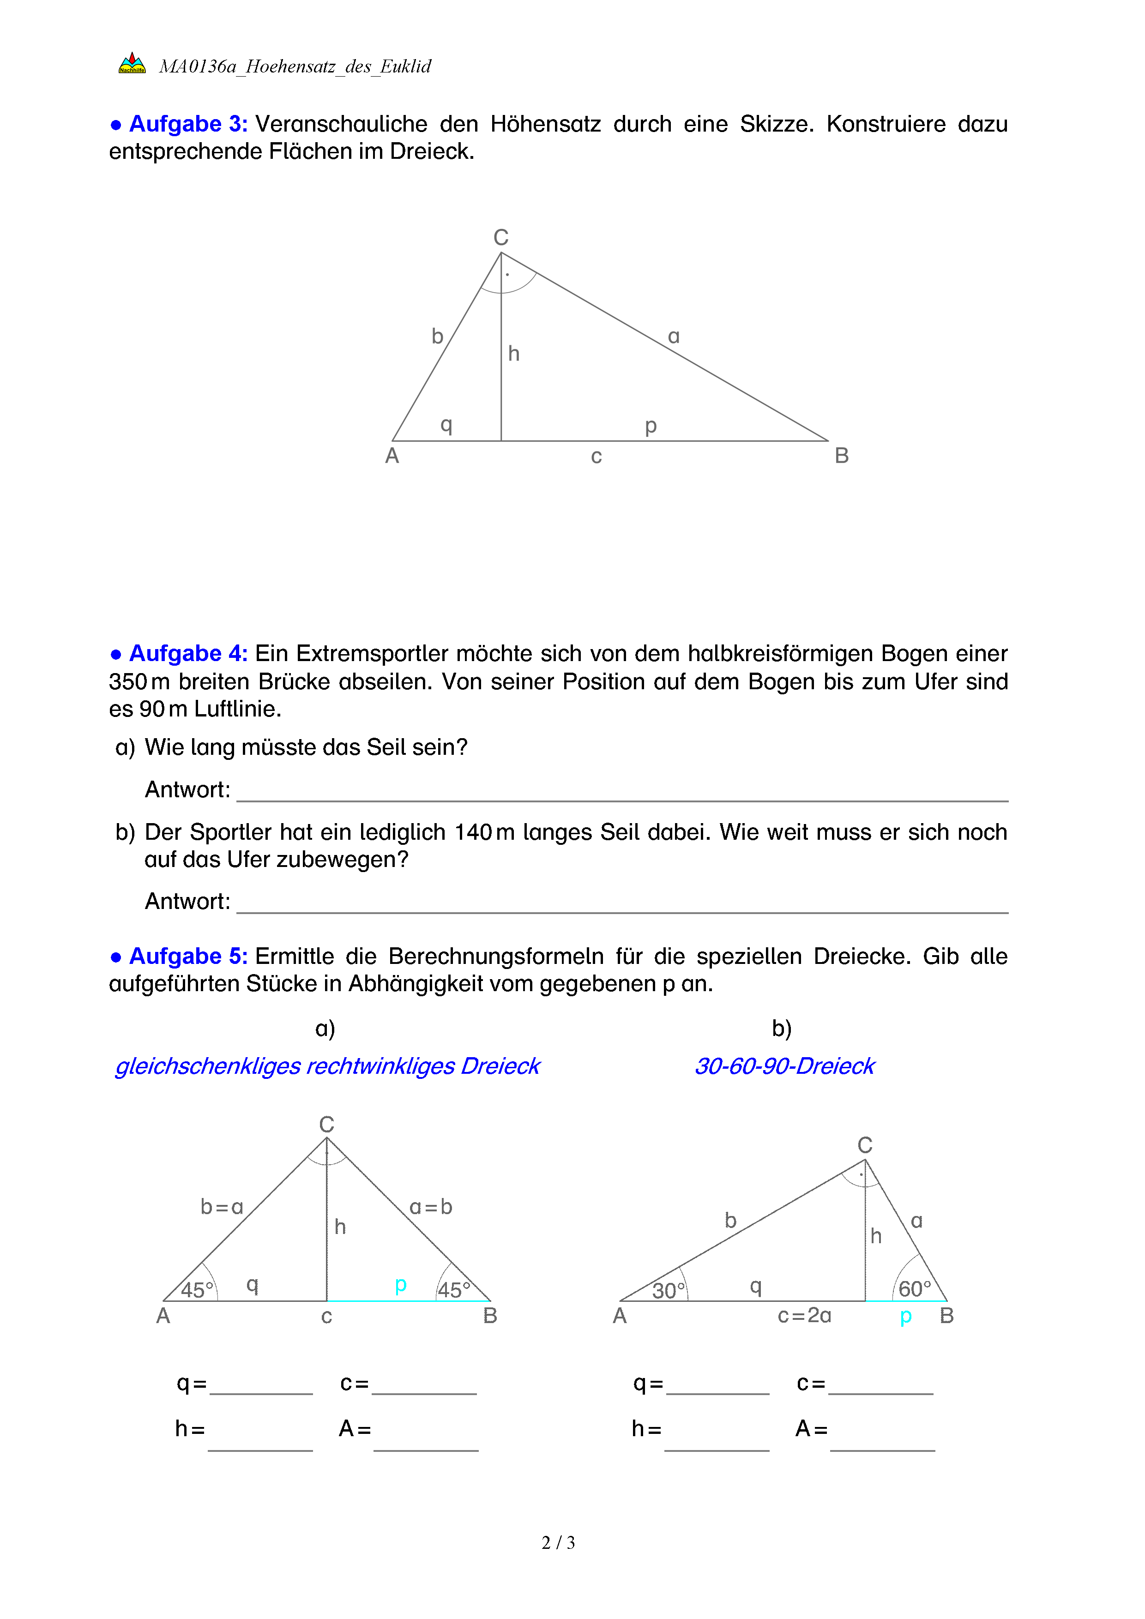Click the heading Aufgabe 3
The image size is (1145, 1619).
(187, 124)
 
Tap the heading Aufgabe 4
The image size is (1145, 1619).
(187, 654)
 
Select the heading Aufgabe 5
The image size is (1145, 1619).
(187, 956)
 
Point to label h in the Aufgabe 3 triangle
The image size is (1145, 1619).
(514, 353)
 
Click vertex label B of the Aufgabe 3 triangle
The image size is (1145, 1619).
(841, 456)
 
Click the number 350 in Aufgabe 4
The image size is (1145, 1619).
(127, 682)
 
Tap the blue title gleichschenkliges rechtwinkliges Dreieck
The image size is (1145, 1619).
(327, 1066)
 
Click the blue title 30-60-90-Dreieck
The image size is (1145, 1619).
(784, 1066)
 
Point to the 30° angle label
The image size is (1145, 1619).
(668, 1290)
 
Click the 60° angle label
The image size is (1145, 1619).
(915, 1289)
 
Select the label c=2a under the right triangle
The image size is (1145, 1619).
(804, 1316)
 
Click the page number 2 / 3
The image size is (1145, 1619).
(558, 1543)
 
